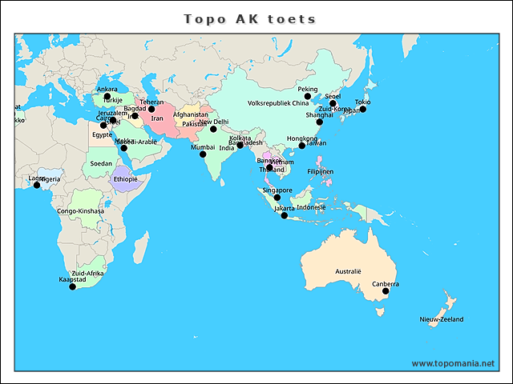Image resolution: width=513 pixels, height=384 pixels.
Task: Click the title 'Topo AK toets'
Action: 250,18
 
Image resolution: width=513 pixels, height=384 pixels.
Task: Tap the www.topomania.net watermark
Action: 453,363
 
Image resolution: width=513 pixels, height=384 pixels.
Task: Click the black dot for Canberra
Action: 386,292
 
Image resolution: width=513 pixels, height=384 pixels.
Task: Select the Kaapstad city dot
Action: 73,286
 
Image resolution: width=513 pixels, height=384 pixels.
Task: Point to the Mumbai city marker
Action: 203,154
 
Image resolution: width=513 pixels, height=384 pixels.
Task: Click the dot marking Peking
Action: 307,96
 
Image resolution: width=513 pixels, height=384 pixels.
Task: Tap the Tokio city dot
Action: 362,110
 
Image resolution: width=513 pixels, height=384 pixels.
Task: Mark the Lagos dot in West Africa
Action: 36,186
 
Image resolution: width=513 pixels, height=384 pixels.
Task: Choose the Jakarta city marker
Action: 284,215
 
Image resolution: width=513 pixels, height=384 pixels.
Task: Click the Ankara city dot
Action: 107,96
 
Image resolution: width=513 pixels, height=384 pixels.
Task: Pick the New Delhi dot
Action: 213,129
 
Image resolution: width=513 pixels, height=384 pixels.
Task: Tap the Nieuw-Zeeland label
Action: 441,319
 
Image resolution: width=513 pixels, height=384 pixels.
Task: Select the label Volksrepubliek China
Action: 278,103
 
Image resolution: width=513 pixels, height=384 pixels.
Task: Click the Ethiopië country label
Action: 126,179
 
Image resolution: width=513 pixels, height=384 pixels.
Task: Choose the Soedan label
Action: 101,163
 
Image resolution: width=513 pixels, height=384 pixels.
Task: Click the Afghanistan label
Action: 191,115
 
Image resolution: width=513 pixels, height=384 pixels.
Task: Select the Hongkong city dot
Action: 302,146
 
